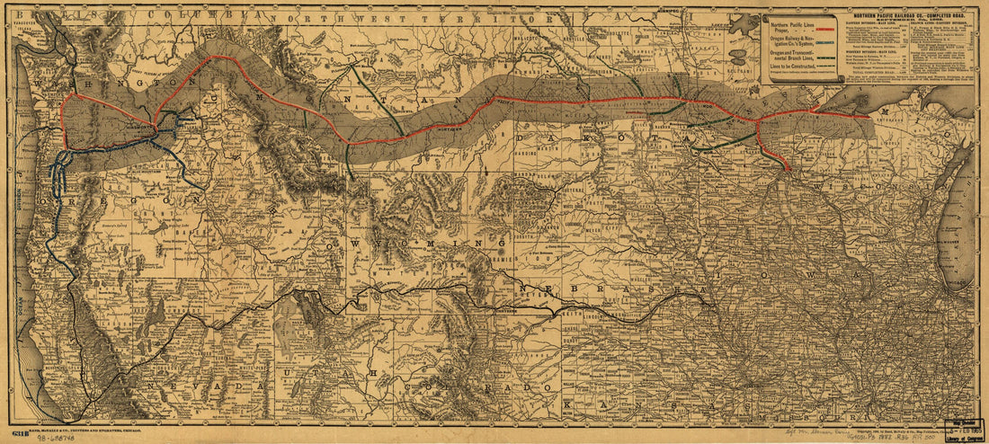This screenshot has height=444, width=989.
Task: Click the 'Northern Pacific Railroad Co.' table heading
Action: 907,17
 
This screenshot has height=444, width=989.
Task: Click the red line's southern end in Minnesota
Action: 788,168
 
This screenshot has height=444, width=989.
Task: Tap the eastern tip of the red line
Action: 869,117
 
